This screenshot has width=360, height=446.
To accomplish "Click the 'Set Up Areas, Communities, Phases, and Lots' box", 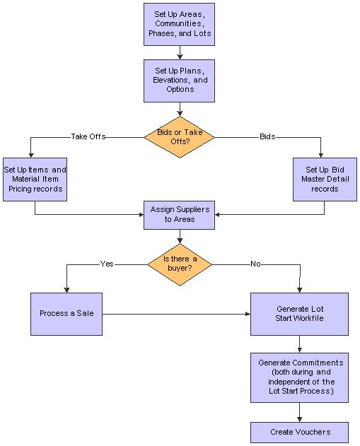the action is (x=179, y=25).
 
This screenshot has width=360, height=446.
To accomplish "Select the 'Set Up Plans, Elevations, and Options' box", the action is (x=179, y=81).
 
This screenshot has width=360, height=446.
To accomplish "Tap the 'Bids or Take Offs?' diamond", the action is (x=179, y=137).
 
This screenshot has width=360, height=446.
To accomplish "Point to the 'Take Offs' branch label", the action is (x=88, y=137).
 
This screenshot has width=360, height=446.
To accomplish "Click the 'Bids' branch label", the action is (x=267, y=137).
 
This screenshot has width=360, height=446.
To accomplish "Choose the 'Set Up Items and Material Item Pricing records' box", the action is (x=35, y=180).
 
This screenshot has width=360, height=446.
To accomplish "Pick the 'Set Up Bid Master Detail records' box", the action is (x=325, y=180).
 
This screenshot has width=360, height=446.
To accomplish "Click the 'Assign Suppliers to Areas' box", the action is (x=179, y=215).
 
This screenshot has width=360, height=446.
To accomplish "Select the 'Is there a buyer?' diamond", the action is (x=180, y=264).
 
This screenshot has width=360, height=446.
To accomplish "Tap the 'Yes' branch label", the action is (x=107, y=264).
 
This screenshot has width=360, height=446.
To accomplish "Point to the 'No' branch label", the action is (x=255, y=264).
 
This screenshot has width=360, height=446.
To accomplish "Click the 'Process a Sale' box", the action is (x=66, y=314).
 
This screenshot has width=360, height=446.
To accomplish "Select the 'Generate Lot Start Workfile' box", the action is (x=299, y=314).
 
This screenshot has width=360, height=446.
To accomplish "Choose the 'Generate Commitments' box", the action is (x=299, y=377).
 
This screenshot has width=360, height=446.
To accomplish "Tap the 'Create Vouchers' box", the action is (x=299, y=433).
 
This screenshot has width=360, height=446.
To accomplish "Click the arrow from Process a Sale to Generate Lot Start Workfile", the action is (x=176, y=314).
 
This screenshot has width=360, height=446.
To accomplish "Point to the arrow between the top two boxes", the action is (x=180, y=52).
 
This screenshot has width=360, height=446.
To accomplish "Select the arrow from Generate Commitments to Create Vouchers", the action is (x=299, y=413).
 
